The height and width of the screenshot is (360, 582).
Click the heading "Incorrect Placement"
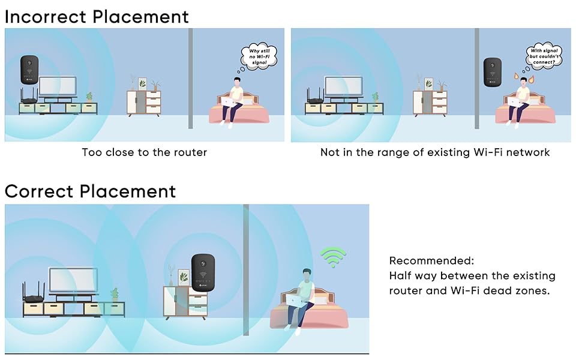tap(97, 16)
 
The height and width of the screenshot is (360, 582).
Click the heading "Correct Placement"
tap(90, 191)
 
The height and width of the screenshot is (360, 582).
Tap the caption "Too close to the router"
tap(144, 152)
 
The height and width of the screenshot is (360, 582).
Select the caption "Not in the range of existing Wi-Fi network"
tap(434, 152)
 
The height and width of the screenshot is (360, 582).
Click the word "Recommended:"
tap(431, 261)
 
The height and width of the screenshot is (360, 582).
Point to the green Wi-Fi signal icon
tap(333, 256)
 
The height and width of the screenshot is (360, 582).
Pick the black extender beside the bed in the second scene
tap(493, 73)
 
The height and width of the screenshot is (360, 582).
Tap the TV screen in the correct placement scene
tap(71, 280)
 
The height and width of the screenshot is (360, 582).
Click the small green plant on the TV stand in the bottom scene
tap(114, 294)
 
